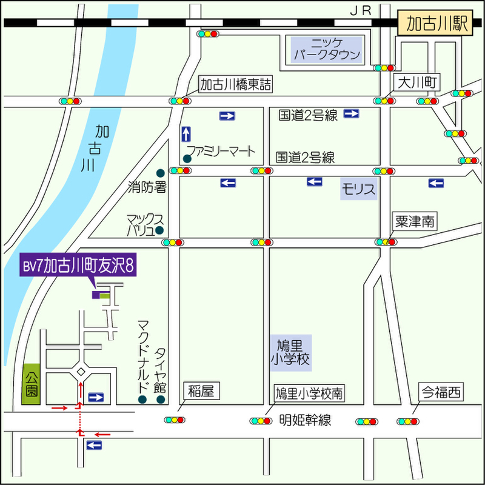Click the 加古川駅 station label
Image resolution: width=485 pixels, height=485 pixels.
point(435,22)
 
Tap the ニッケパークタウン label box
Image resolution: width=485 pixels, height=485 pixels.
point(327,50)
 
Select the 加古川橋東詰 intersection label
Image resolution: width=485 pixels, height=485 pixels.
point(235,84)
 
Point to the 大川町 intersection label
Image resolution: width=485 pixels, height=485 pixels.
point(416,82)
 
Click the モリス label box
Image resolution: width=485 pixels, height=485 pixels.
point(359,189)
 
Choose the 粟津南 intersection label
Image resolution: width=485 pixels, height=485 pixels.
point(415,221)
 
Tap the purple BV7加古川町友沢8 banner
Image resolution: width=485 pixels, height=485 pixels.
point(78,265)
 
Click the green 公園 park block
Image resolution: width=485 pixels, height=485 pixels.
point(31,384)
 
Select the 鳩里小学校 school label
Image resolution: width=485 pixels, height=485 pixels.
point(291,353)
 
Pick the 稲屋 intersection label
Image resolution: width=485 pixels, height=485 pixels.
point(201,391)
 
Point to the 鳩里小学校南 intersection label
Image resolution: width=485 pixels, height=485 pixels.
point(309,393)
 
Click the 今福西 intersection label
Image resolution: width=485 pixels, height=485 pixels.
point(441,392)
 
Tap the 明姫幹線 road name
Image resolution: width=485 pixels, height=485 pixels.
point(305,420)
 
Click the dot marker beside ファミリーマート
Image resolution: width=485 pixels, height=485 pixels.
point(187,159)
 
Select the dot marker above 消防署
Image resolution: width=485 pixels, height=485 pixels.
point(160,173)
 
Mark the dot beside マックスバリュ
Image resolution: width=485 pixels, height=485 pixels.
point(159,230)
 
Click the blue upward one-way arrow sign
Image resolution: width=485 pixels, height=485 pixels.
point(186,134)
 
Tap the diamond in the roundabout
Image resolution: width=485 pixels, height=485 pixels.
point(81,372)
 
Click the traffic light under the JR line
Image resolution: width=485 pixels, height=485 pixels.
point(208,34)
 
